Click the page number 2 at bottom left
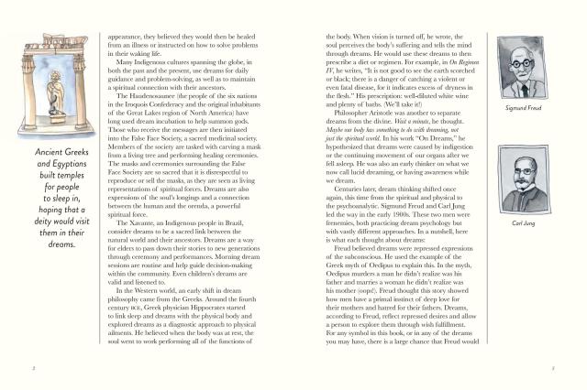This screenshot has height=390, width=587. pos(33,370)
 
